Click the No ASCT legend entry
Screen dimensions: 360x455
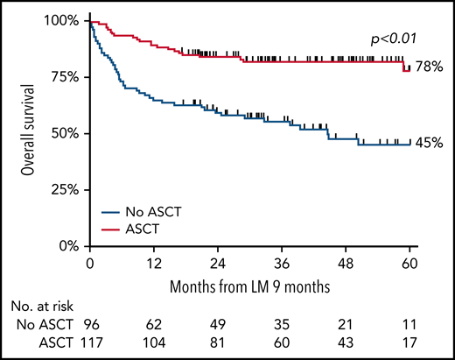click(x=159, y=212)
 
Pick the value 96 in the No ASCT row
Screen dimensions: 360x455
click(x=90, y=325)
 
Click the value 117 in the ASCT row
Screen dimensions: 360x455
click(x=90, y=342)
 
